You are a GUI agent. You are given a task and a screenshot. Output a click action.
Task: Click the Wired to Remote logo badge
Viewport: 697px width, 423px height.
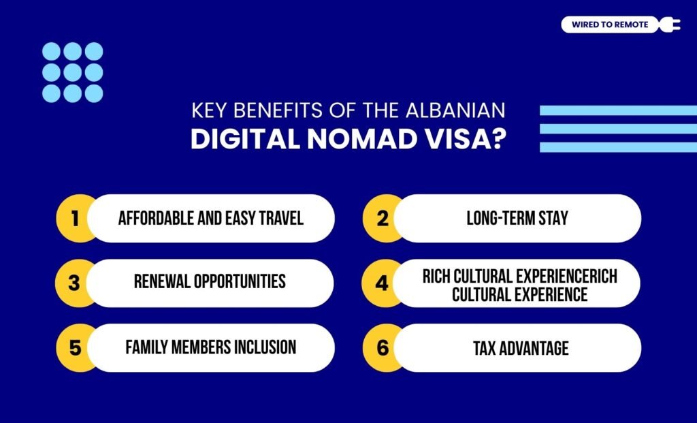(610, 25)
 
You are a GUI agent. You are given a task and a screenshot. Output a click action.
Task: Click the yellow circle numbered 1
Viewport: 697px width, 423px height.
(75, 219)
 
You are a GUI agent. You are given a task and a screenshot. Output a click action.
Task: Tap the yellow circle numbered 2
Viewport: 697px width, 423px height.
(382, 219)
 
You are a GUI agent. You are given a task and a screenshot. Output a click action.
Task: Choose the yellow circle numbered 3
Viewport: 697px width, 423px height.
(75, 283)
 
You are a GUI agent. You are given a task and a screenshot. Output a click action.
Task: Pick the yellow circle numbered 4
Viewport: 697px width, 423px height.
(382, 283)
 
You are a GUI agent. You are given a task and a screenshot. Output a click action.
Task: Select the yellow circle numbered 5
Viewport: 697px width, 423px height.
(75, 347)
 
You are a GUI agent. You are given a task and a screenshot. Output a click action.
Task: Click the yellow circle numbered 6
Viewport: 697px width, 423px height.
(382, 347)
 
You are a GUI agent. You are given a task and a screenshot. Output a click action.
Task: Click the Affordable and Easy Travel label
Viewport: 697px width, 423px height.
(210, 219)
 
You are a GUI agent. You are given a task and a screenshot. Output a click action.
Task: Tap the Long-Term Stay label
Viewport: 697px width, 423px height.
(517, 219)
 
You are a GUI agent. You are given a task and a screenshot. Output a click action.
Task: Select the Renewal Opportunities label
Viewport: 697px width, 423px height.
(210, 281)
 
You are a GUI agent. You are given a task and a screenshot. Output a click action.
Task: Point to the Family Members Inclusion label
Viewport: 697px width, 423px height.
(210, 347)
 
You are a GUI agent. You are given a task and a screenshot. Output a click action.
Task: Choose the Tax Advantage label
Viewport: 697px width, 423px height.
(521, 348)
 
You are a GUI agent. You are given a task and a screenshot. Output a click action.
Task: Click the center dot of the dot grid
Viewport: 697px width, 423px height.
(73, 72)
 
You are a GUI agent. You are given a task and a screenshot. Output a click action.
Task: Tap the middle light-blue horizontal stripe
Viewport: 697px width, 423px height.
(618, 128)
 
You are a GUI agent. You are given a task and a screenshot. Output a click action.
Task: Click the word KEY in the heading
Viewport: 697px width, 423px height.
(208, 111)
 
